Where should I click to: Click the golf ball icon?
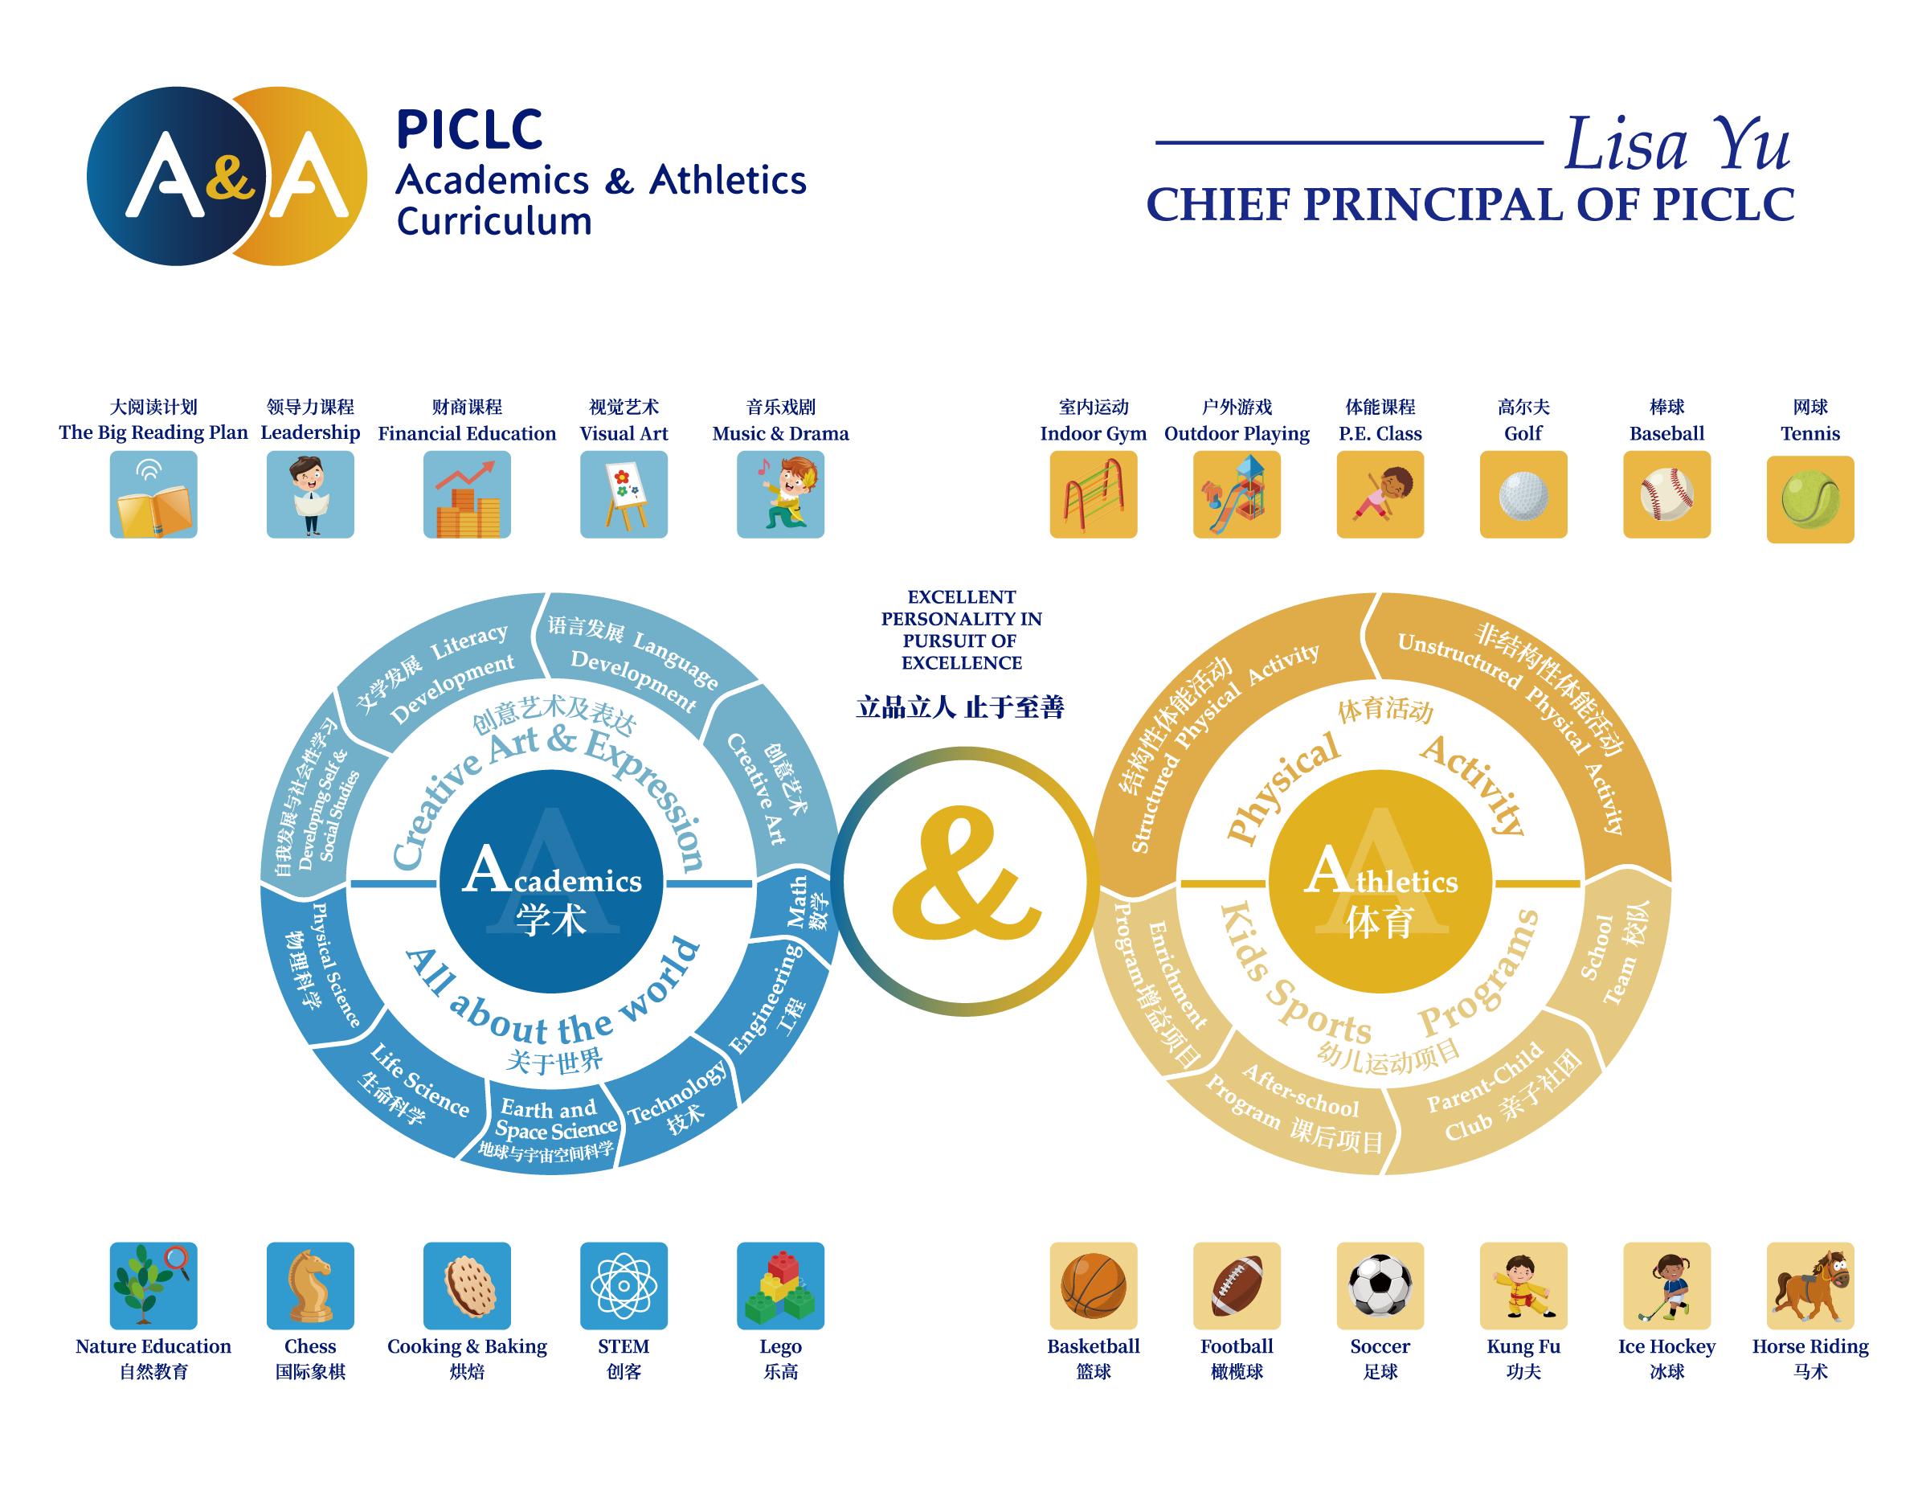click(x=1523, y=495)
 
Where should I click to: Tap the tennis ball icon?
click(x=1809, y=499)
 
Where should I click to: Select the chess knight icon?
click(x=310, y=1285)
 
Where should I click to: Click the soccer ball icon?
click(x=1380, y=1285)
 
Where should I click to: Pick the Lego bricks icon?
click(x=780, y=1285)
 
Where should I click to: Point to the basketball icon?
click(x=1093, y=1285)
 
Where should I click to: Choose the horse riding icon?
click(x=1809, y=1285)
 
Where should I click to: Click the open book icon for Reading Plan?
click(x=153, y=495)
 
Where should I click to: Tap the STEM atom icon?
click(x=624, y=1285)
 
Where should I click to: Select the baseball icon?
click(x=1666, y=495)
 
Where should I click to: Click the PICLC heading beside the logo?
click(x=470, y=130)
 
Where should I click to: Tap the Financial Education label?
click(x=467, y=433)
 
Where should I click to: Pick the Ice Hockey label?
click(x=1666, y=1347)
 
